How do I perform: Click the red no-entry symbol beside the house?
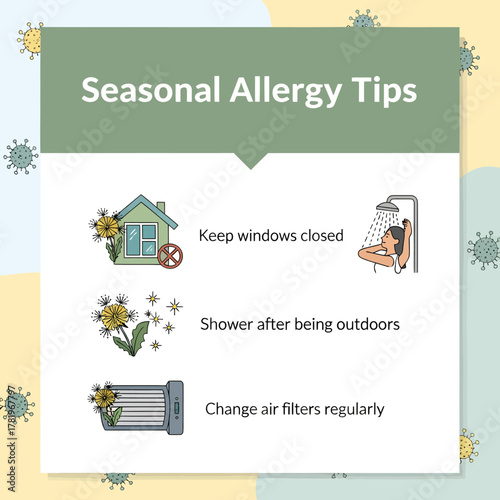pyautogui.click(x=170, y=256)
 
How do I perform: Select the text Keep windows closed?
pyautogui.click(x=271, y=236)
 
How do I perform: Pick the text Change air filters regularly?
pyautogui.click(x=294, y=409)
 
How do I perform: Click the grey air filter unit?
pyautogui.click(x=150, y=407)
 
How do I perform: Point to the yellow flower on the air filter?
pyautogui.click(x=102, y=399)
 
